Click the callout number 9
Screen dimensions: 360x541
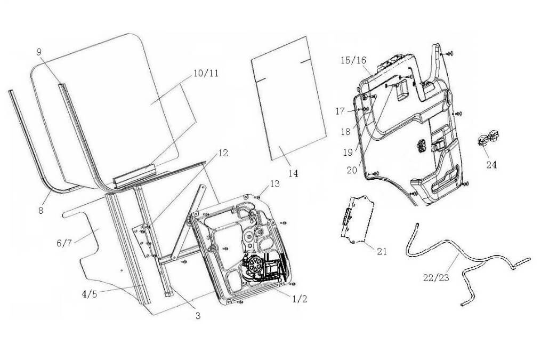39,52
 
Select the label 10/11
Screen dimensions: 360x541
206,74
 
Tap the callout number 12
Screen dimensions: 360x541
223,153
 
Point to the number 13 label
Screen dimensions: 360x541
274,184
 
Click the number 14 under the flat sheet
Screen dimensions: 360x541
293,173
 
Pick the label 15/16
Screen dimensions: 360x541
353,60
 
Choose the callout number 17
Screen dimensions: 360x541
341,111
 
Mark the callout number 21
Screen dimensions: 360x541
382,251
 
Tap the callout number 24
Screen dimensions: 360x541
491,165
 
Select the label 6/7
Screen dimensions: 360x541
64,243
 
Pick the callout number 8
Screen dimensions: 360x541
41,210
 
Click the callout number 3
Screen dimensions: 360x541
198,316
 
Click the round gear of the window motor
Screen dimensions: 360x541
255,265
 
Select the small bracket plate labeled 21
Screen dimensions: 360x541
355,218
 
